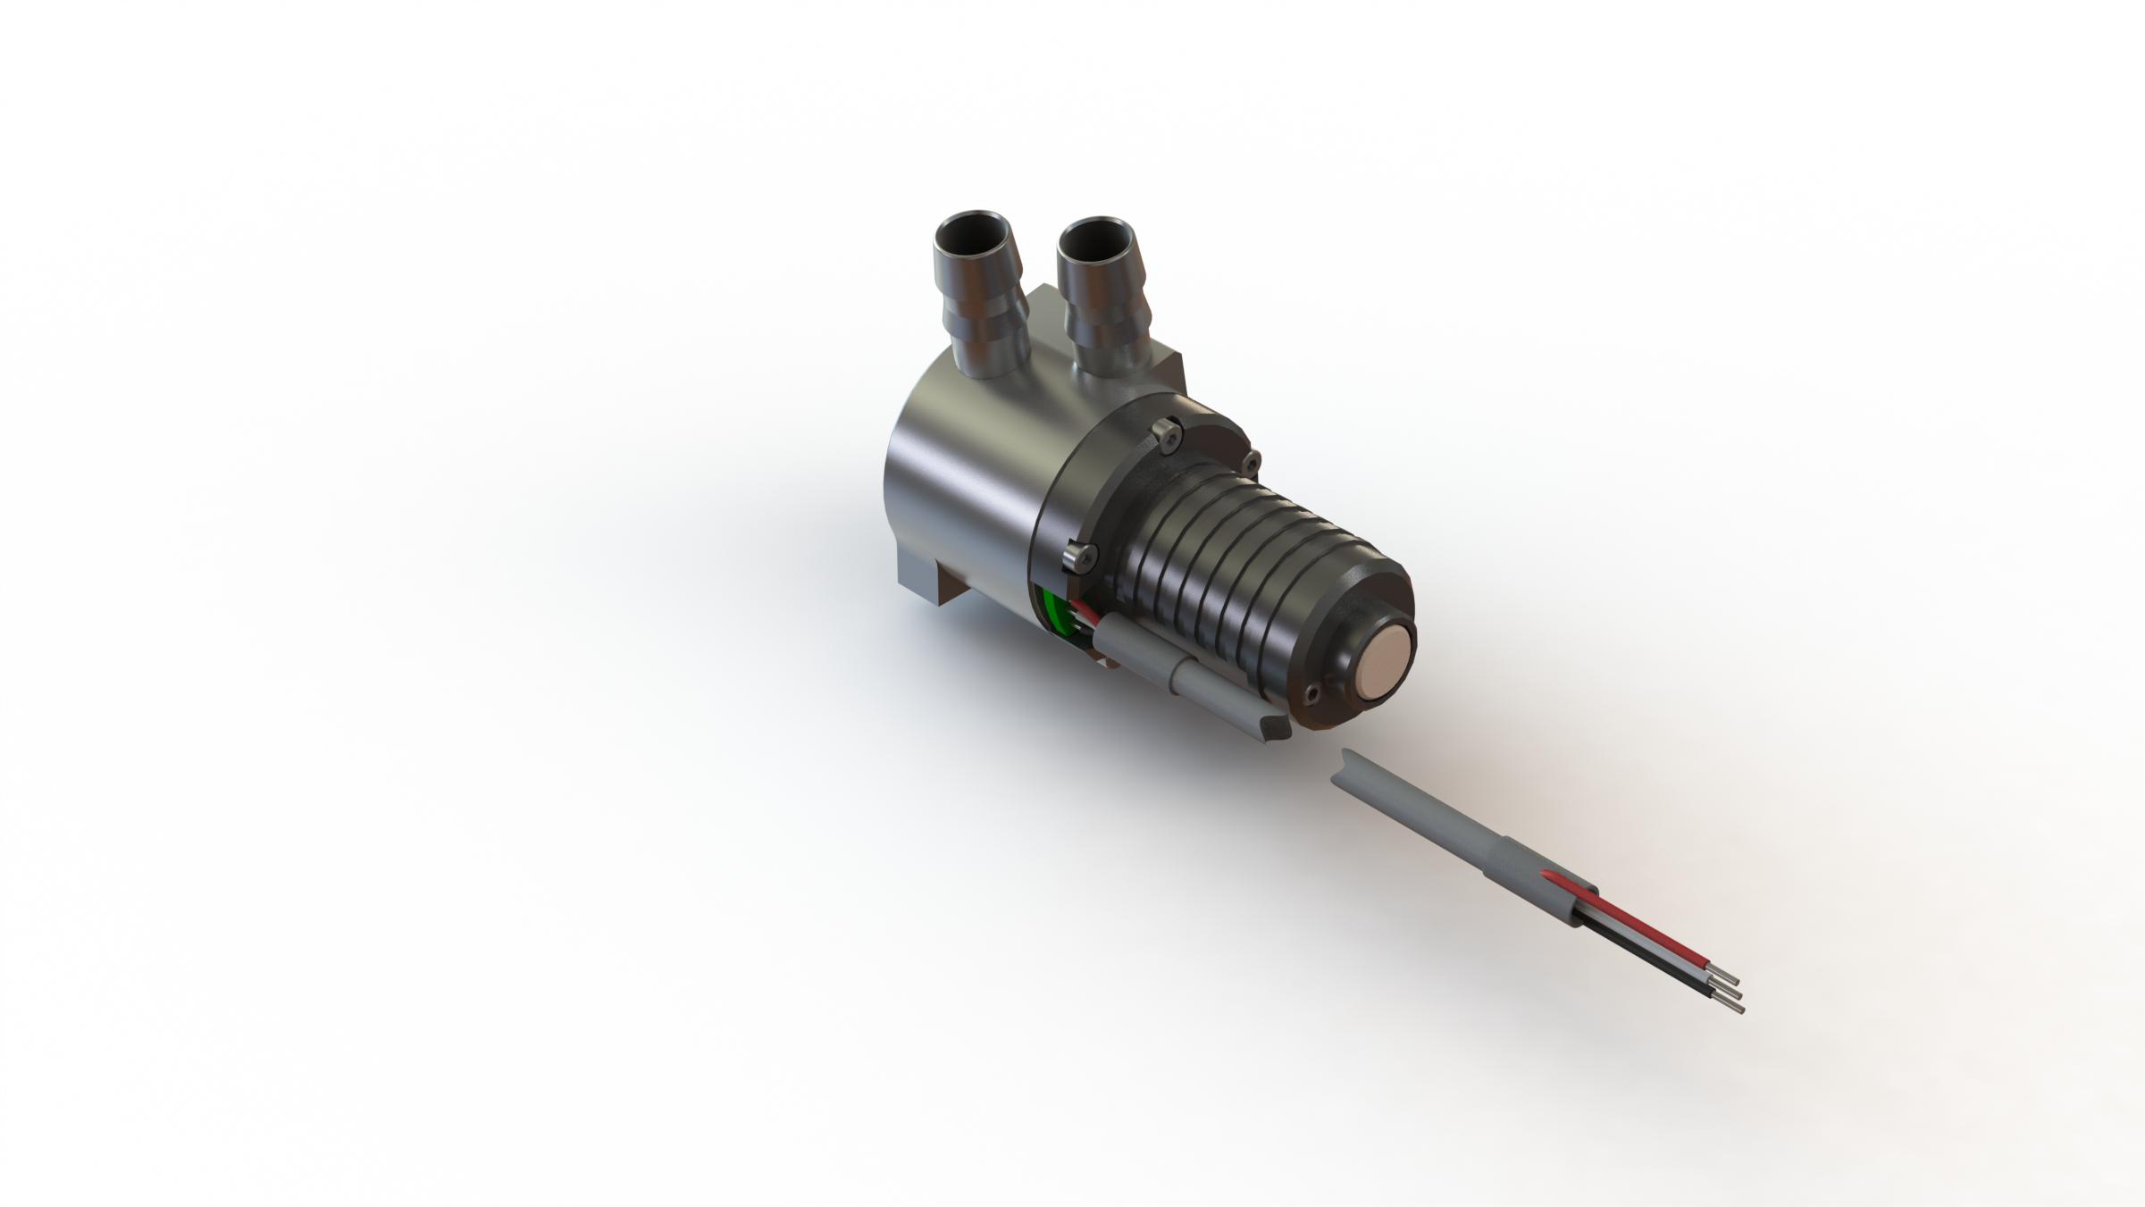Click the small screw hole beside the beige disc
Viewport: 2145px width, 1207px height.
[x=1312, y=693]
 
